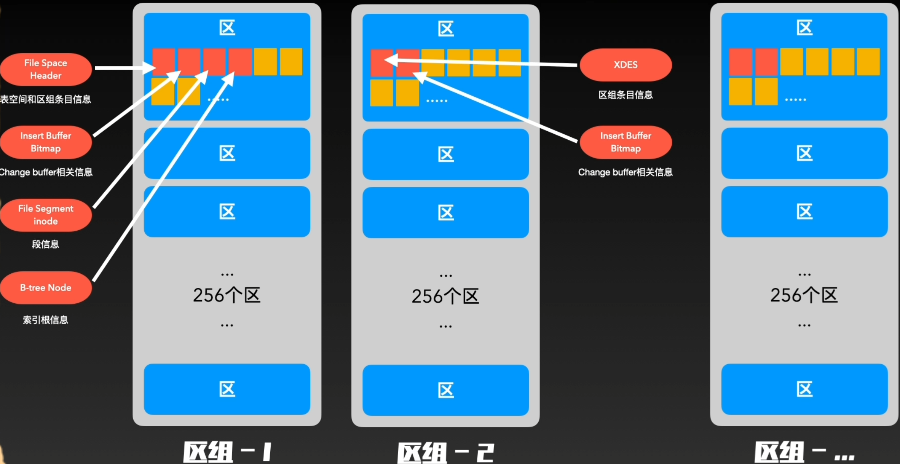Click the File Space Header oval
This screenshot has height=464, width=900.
coord(46,69)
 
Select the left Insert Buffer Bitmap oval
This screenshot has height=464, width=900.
coord(46,142)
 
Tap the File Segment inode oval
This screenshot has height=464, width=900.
coord(46,215)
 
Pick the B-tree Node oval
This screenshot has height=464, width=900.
coord(46,287)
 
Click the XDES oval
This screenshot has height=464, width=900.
coord(626,65)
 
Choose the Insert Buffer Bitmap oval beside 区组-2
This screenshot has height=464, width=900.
coord(626,142)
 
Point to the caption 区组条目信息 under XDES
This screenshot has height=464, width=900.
coord(626,95)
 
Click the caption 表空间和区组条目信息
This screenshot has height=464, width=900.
coord(46,99)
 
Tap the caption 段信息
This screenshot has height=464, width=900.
coord(45,244)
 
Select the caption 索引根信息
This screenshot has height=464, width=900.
coord(45,320)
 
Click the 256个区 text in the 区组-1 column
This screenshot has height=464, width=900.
coord(227,295)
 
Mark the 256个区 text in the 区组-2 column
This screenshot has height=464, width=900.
coord(445,297)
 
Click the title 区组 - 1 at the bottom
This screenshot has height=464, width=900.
coord(227,452)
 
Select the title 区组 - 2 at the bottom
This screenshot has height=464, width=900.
coord(445,453)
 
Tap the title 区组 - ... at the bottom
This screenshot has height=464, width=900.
coord(804,452)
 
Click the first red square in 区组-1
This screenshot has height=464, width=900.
coord(163,62)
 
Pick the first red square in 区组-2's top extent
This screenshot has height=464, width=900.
coord(381,63)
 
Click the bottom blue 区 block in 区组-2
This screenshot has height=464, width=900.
coord(445,390)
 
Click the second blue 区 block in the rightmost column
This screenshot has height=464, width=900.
coord(804,153)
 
